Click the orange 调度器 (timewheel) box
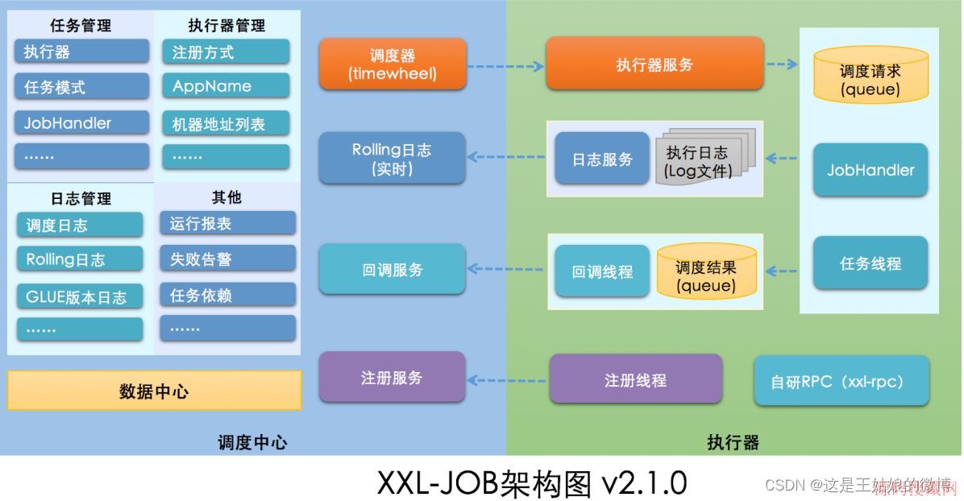393,64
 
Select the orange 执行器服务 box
654,64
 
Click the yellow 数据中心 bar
154,391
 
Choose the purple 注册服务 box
392,377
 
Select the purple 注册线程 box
635,379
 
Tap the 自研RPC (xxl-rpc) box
841,381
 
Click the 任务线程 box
870,263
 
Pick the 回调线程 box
602,271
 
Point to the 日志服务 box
602,159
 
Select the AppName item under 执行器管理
225,86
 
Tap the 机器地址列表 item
225,124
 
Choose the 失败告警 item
227,259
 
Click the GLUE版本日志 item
79,296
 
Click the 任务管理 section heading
81,26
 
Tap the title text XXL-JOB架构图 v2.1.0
532,482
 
